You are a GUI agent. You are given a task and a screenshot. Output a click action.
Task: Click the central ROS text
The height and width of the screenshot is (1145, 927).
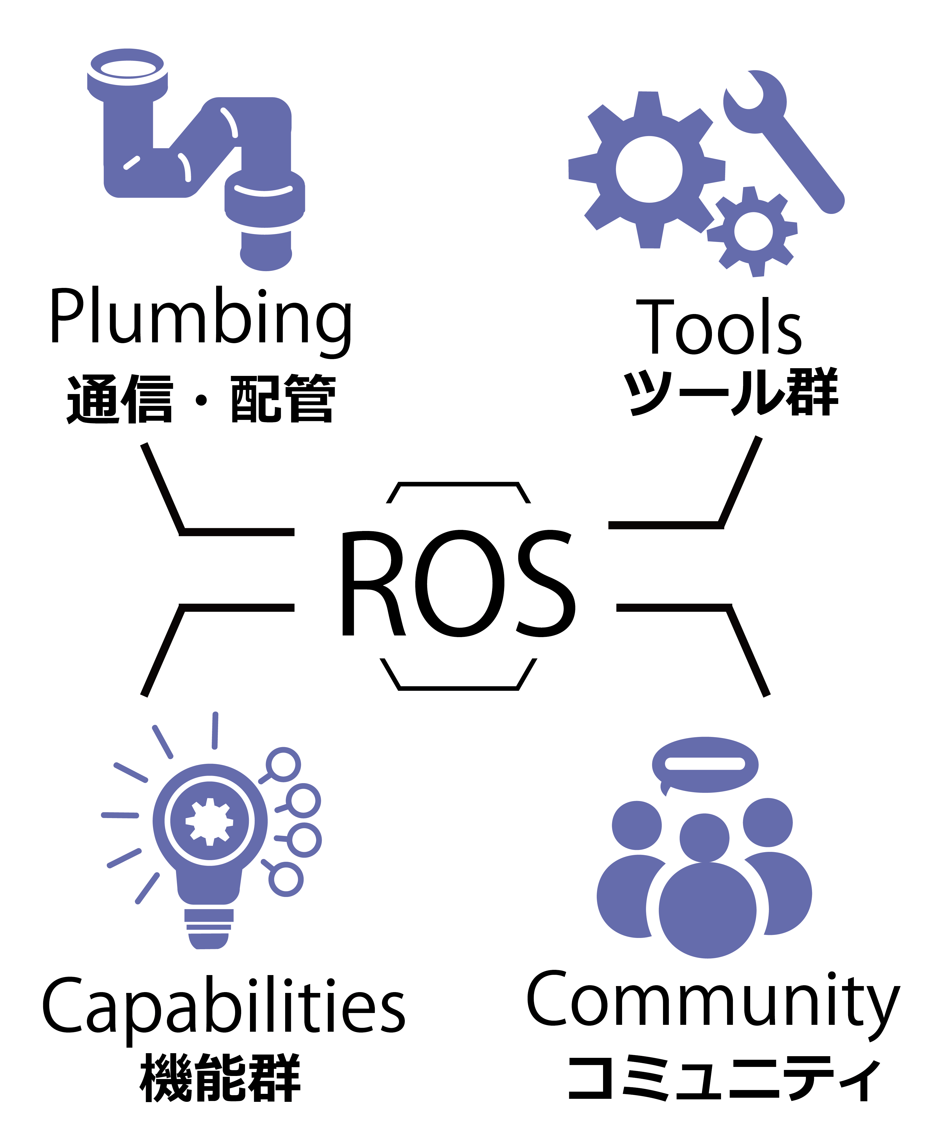pos(458,583)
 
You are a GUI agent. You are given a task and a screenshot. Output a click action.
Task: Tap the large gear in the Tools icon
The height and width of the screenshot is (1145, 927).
pos(647,170)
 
